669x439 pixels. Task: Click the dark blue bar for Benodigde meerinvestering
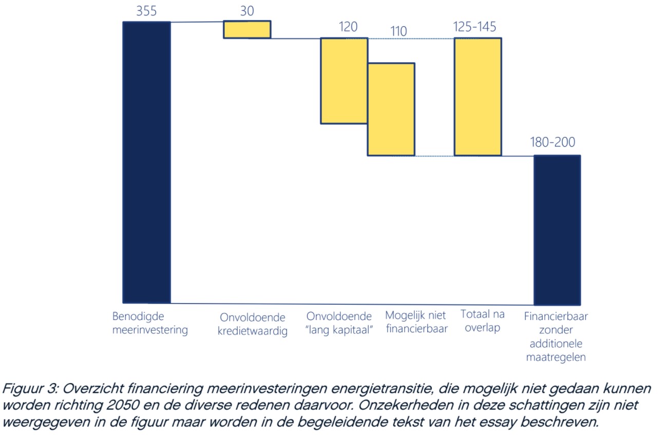click(146, 162)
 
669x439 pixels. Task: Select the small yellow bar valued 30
click(246, 29)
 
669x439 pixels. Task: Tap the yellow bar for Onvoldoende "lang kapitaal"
click(344, 81)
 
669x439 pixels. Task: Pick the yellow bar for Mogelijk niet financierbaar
click(391, 109)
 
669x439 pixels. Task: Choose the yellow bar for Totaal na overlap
click(477, 96)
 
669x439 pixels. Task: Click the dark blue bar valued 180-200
click(557, 230)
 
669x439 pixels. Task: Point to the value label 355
click(146, 11)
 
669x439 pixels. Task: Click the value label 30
click(247, 11)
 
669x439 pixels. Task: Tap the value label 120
click(348, 27)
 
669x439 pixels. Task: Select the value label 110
click(398, 31)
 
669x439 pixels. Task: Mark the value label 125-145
click(475, 27)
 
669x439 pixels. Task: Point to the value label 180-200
click(552, 142)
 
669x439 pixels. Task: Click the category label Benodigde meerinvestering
click(150, 323)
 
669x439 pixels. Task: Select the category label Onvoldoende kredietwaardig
click(253, 324)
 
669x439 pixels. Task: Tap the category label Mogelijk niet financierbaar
click(416, 322)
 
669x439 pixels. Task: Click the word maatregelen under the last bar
click(556, 357)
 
